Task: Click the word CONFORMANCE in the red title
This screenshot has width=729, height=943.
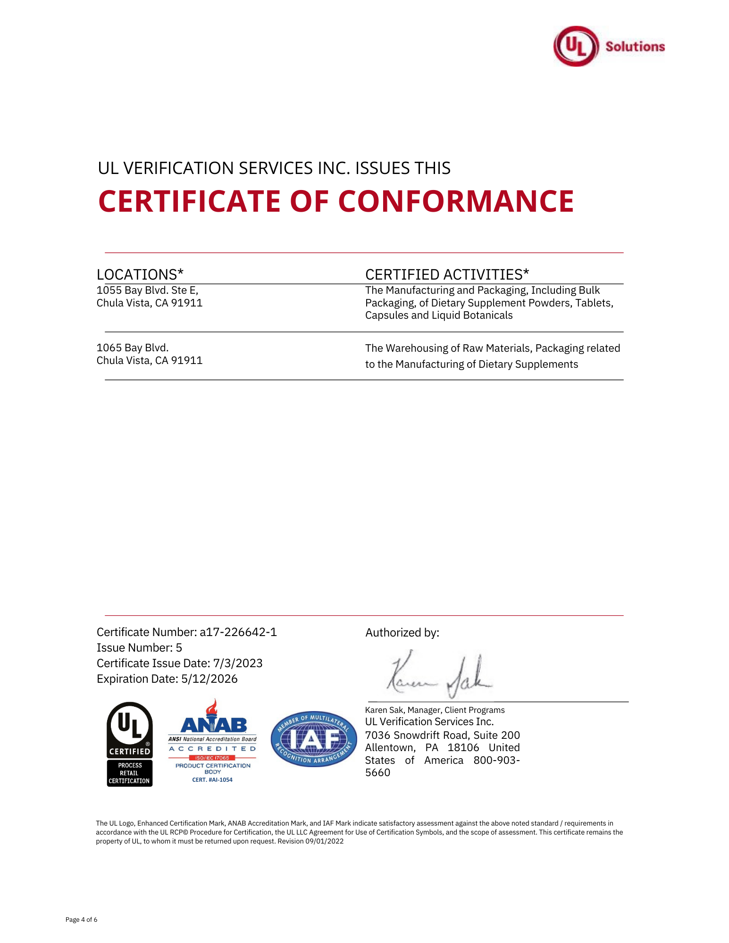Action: click(x=456, y=201)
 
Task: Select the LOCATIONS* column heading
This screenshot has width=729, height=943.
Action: click(x=140, y=274)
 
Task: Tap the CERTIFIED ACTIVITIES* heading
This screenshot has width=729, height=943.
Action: click(x=447, y=274)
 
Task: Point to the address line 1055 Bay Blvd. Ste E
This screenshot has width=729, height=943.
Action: click(x=147, y=290)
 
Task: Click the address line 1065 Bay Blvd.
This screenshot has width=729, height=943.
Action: click(x=133, y=348)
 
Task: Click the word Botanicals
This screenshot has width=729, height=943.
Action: click(x=484, y=315)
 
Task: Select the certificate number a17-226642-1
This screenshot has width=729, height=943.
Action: click(x=238, y=632)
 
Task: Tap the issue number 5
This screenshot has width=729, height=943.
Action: click(x=179, y=648)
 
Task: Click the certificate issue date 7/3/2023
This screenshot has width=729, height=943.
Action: click(x=238, y=663)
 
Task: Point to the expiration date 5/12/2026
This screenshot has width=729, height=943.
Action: click(x=209, y=679)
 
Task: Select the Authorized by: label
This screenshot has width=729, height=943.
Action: click(x=402, y=633)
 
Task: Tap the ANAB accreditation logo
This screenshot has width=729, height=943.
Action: click(x=213, y=740)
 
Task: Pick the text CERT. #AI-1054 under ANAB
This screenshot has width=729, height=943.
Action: click(x=212, y=780)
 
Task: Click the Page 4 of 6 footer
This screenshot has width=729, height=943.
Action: click(x=81, y=919)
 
